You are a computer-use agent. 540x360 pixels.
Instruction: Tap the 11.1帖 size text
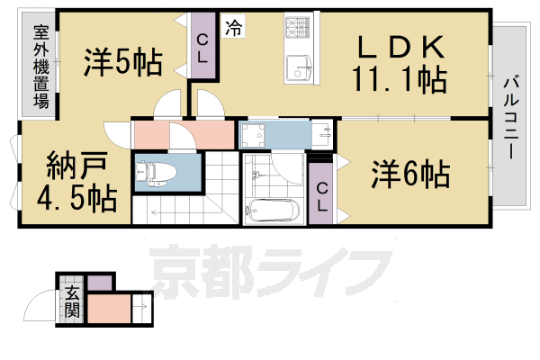(401, 82)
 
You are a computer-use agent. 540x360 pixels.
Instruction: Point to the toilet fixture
(157, 170)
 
